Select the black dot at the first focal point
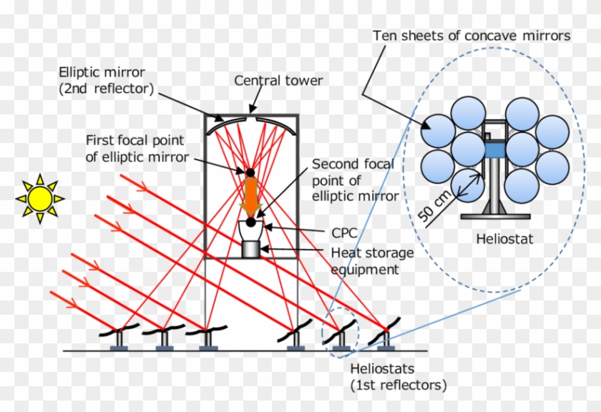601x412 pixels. click(250, 172)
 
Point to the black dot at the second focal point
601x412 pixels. click(251, 222)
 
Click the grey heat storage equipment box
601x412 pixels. click(251, 250)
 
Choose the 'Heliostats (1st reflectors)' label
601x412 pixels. click(397, 378)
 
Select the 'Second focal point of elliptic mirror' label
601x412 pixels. click(353, 178)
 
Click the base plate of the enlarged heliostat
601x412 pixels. click(495, 216)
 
